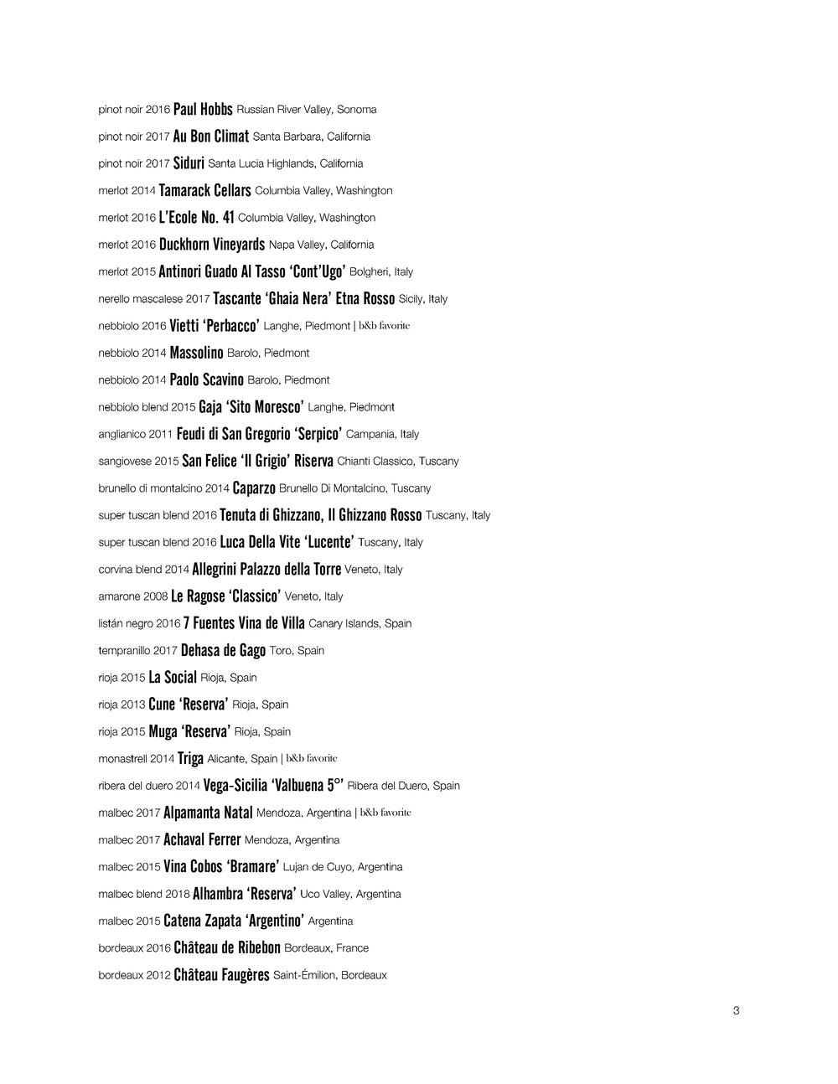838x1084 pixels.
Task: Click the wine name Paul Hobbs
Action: click(x=203, y=110)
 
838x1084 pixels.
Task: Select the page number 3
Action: click(x=736, y=1010)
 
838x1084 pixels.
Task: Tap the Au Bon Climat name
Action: click(x=211, y=137)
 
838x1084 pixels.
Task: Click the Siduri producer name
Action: click(x=189, y=163)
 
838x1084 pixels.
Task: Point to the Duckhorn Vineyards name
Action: click(x=212, y=245)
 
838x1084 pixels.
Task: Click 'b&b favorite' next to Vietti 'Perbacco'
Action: click(x=385, y=326)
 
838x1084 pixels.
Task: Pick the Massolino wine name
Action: click(x=196, y=354)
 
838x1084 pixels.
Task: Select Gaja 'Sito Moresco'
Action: click(x=251, y=407)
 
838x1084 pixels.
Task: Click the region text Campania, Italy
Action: click(x=382, y=434)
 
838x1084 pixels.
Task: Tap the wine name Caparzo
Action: click(x=254, y=488)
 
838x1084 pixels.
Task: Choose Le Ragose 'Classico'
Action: click(x=225, y=596)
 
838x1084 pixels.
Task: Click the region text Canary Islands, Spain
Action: click(x=360, y=623)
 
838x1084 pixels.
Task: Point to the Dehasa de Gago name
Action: click(x=223, y=651)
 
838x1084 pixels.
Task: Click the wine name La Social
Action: click(x=173, y=678)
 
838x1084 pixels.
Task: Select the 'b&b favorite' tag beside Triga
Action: click(x=312, y=759)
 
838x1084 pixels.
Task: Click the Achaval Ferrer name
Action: click(x=202, y=840)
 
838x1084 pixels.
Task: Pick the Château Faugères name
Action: click(x=221, y=975)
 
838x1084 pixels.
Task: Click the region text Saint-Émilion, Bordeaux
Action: click(x=330, y=975)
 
